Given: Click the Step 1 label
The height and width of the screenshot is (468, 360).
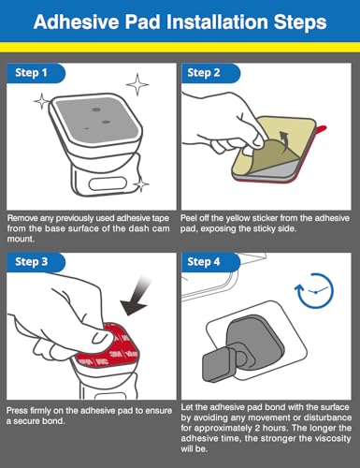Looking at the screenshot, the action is pos(31,73).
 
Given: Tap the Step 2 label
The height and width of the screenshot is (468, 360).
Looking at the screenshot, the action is pos(204,73).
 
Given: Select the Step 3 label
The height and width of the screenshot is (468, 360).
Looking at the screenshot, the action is pos(32,261).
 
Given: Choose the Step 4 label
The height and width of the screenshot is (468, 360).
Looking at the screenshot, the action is pos(204,261).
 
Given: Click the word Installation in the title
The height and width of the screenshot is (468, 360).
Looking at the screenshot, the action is pos(217,22).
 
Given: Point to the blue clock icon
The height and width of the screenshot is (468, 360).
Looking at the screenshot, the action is pos(314,291).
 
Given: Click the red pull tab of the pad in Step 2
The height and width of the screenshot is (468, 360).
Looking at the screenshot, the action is pos(322,128).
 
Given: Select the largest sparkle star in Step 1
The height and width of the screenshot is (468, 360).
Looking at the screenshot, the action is pos(137,84).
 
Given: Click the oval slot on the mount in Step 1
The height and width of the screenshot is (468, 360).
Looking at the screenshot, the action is pos(108,183).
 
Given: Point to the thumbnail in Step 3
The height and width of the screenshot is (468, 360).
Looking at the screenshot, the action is pos(100,337).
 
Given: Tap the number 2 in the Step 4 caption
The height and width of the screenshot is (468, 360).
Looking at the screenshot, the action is pos(257,428).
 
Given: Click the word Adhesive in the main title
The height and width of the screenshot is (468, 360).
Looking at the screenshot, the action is pos(77,22).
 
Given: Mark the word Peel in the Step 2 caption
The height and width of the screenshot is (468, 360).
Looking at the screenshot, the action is pos(188,218).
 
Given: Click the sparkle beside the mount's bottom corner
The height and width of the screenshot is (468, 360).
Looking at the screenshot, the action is pos(142,184).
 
